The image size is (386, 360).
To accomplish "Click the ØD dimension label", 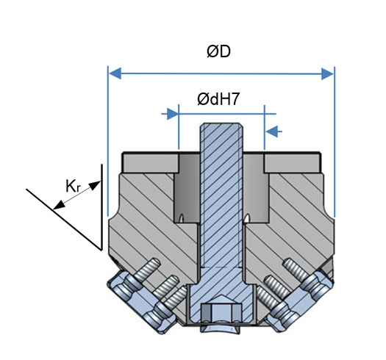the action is [218, 51].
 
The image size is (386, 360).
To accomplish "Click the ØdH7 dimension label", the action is [218, 99].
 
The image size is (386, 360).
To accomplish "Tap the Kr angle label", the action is [73, 186].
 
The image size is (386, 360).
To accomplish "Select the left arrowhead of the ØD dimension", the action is [115, 73].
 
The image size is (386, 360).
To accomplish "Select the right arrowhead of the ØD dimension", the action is [327, 73].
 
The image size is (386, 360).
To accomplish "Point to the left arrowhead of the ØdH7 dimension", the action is [173, 114].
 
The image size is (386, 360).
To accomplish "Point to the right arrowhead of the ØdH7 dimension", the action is [272, 132].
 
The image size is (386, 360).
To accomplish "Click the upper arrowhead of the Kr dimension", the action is [95, 185].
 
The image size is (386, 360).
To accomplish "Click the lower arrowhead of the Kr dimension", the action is [59, 205].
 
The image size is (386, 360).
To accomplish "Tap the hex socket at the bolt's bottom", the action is [221, 312].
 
